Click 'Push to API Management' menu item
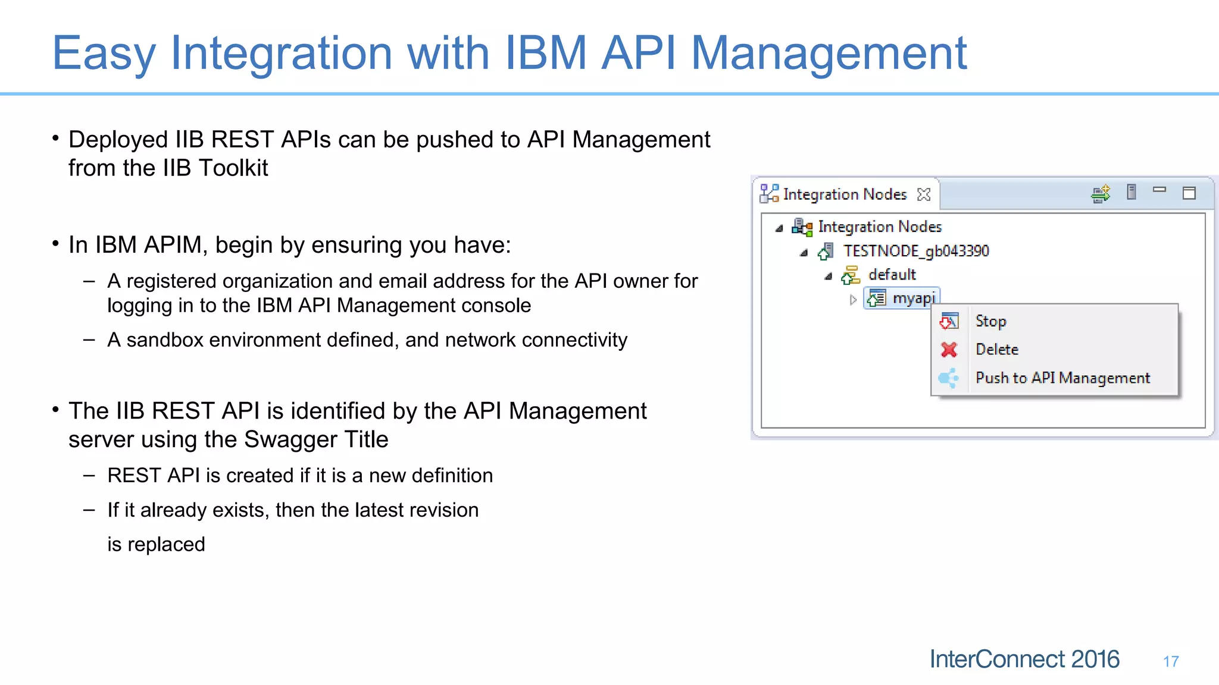tap(1062, 378)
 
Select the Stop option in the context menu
tap(990, 322)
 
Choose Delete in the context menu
tap(997, 350)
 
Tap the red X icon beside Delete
tap(949, 350)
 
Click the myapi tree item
tap(914, 298)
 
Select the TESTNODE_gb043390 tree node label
tap(915, 251)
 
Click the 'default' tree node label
tap(892, 275)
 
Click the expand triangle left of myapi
tap(853, 300)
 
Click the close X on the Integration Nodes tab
tap(924, 194)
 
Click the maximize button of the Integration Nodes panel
tap(1189, 193)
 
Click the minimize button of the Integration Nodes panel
tap(1159, 190)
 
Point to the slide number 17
tap(1171, 661)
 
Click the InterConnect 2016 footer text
tap(1024, 659)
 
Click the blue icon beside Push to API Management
tap(948, 378)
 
